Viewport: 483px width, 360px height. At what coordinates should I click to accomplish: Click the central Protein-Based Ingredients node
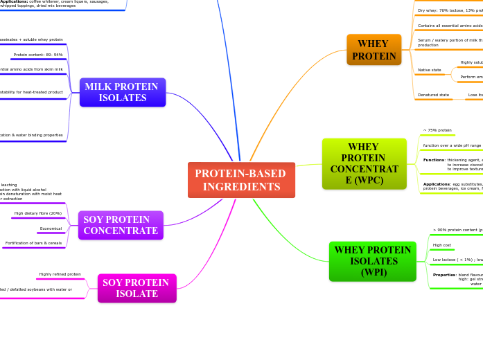click(x=241, y=180)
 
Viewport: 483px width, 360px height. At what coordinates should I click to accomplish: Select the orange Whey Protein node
click(x=374, y=50)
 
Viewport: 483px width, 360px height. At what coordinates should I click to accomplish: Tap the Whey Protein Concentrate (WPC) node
click(x=364, y=164)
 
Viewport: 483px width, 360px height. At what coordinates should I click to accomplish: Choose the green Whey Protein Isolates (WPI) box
click(x=372, y=261)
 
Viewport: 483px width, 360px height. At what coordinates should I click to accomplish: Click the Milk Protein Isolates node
click(x=122, y=92)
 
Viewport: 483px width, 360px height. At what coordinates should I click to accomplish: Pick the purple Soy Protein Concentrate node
click(x=121, y=225)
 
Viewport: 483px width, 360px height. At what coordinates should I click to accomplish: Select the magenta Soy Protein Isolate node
click(x=137, y=288)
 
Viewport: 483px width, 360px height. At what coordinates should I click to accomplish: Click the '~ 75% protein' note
click(x=437, y=130)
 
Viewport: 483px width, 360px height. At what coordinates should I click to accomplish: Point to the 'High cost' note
click(x=442, y=245)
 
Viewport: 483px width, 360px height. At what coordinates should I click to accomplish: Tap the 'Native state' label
click(x=429, y=70)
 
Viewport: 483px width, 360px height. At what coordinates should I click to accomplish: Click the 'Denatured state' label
click(x=433, y=95)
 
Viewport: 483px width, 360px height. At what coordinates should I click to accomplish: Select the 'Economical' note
click(x=51, y=228)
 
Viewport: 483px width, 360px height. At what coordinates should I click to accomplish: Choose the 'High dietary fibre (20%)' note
click(x=38, y=213)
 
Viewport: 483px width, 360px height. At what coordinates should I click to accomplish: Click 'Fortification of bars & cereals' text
click(x=33, y=243)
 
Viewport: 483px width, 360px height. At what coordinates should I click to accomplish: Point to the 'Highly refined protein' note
click(x=60, y=274)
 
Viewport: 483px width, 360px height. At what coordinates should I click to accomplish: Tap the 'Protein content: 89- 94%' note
click(x=38, y=54)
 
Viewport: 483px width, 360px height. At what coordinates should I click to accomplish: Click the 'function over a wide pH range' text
click(x=452, y=145)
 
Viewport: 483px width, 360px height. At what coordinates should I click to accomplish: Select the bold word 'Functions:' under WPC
click(x=434, y=160)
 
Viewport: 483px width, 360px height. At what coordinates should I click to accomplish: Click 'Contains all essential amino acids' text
click(x=450, y=26)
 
